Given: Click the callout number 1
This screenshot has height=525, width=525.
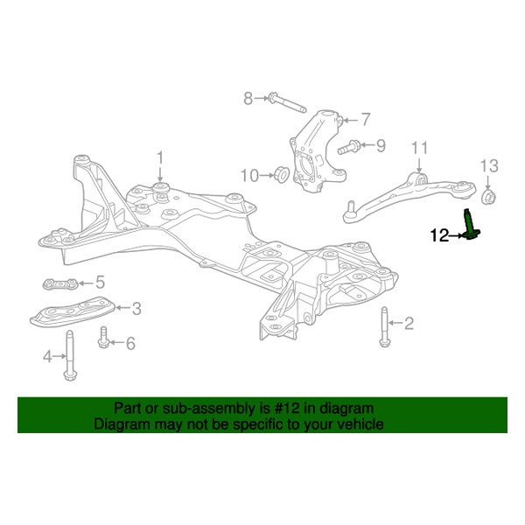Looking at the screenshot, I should pyautogui.click(x=160, y=157).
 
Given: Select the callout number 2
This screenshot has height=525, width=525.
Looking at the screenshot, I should pyautogui.click(x=408, y=324).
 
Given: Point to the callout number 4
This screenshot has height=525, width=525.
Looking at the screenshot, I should pyautogui.click(x=49, y=355).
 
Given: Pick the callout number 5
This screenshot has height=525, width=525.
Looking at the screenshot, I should pyautogui.click(x=100, y=282).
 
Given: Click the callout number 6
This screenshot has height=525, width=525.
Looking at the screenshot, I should pyautogui.click(x=130, y=344).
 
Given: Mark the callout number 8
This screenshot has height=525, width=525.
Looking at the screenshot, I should pyautogui.click(x=248, y=98).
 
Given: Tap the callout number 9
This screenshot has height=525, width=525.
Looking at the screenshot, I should pyautogui.click(x=381, y=145).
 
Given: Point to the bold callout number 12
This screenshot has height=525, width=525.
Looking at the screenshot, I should pyautogui.click(x=438, y=234).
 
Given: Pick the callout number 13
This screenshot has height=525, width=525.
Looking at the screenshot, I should pyautogui.click(x=489, y=165).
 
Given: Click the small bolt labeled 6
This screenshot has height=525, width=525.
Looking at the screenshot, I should pyautogui.click(x=104, y=337).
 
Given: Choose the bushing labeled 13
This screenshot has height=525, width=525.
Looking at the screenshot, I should pyautogui.click(x=489, y=194).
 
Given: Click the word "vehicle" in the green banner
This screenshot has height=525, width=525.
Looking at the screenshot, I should pyautogui.click(x=354, y=424).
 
